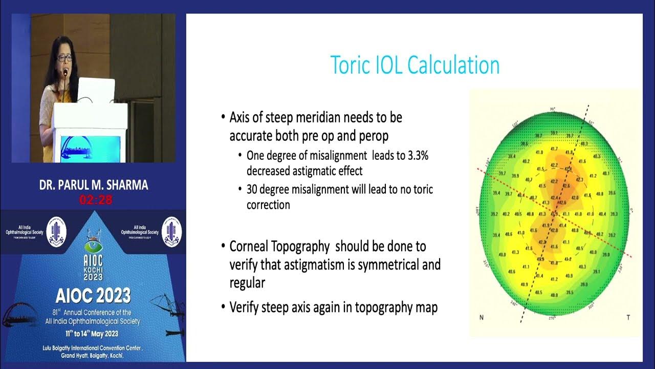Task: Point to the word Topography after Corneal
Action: coord(304,247)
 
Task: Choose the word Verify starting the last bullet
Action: coord(246,307)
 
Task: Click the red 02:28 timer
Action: coord(95,200)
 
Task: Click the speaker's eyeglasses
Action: coord(64,58)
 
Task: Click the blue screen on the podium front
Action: coord(90,148)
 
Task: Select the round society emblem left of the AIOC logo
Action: coord(57,232)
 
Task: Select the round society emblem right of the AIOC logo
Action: coord(172,232)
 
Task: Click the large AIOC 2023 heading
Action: coord(93,296)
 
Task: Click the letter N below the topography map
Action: coord(482,318)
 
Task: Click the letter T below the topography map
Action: coord(628,318)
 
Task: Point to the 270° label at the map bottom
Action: coord(552,318)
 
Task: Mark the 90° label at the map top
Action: coord(552,109)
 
